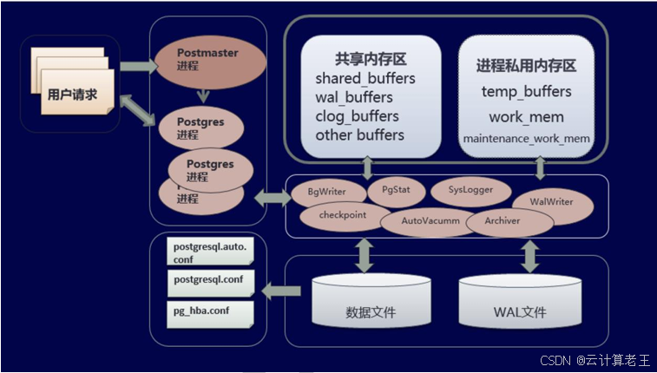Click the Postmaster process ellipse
pyautogui.click(x=207, y=59)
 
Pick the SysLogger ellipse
pyautogui.click(x=472, y=189)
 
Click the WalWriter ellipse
pyautogui.click(x=553, y=202)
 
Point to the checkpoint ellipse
pyautogui.click(x=342, y=216)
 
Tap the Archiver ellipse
pyautogui.click(x=509, y=222)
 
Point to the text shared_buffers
pyautogui.click(x=365, y=79)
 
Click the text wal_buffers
pyautogui.click(x=354, y=97)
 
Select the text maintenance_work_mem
pyautogui.click(x=527, y=138)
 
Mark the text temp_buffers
pyautogui.click(x=526, y=91)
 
